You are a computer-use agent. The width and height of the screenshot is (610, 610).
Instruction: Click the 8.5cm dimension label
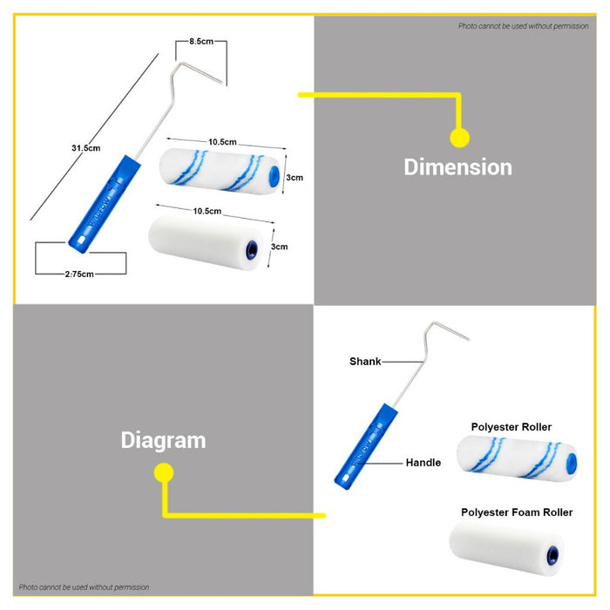pos(201,41)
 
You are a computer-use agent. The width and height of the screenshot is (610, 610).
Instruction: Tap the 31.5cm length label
pos(86,148)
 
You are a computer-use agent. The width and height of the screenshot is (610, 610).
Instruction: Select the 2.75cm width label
pos(79,274)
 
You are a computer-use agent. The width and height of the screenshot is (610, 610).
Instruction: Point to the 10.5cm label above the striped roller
pos(222,142)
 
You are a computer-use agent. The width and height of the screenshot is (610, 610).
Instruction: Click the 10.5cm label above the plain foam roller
pos(207,211)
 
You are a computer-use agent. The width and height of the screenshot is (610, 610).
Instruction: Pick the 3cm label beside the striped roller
pos(295,178)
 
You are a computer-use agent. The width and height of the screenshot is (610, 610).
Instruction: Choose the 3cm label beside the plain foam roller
pos(280,247)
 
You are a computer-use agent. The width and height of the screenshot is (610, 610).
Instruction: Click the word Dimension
pos(457,167)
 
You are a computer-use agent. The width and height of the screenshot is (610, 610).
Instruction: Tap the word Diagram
pos(164,441)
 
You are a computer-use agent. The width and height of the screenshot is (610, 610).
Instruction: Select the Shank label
pos(365,362)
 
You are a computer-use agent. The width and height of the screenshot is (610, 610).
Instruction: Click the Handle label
pos(424,463)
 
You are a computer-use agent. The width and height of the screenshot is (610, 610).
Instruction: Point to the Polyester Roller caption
pos(512,427)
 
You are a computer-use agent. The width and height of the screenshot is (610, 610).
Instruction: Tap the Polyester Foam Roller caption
pos(517,512)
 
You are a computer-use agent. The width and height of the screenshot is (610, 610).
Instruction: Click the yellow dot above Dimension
pos(460,138)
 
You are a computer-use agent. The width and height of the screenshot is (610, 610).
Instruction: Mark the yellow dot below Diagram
pos(164,472)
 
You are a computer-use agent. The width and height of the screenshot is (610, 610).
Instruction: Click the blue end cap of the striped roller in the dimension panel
pos(274,174)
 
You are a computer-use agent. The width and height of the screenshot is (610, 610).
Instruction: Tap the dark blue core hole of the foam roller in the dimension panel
pos(252,249)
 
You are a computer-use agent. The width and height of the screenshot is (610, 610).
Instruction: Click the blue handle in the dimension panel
pos(105,204)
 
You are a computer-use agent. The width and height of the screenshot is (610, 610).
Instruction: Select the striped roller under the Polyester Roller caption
pos(517,458)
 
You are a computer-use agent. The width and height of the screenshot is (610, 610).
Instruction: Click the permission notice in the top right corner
pos(523,26)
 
